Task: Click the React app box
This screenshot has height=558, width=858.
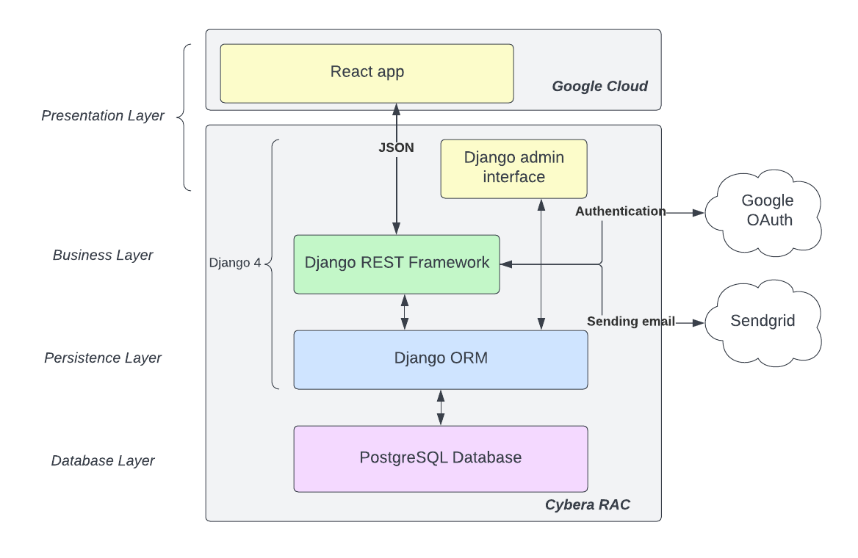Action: (x=367, y=73)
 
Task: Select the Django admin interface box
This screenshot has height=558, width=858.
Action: (x=513, y=168)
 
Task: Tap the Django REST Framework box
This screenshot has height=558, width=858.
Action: (x=397, y=264)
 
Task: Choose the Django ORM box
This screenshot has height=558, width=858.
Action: (x=441, y=359)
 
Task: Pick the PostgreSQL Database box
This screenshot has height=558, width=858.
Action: (x=441, y=458)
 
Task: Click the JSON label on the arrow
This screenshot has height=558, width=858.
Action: (x=396, y=148)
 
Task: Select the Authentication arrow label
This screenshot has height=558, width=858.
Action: (x=620, y=211)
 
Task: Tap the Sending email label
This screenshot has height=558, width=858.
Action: (x=630, y=322)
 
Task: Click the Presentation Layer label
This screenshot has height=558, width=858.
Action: (x=103, y=116)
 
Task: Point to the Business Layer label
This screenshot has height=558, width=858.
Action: (x=103, y=256)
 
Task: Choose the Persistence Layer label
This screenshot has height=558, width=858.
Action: (x=103, y=358)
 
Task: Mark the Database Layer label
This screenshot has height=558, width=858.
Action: (x=103, y=461)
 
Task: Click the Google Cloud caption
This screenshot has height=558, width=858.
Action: (x=599, y=87)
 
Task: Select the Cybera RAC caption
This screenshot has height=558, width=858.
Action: (x=587, y=505)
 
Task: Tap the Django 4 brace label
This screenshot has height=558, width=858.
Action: (x=235, y=263)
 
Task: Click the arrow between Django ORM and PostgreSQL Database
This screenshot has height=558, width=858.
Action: (x=441, y=407)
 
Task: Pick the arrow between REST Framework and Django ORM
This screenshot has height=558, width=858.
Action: (x=404, y=312)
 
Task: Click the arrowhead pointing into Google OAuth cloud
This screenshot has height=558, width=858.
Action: (x=699, y=213)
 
